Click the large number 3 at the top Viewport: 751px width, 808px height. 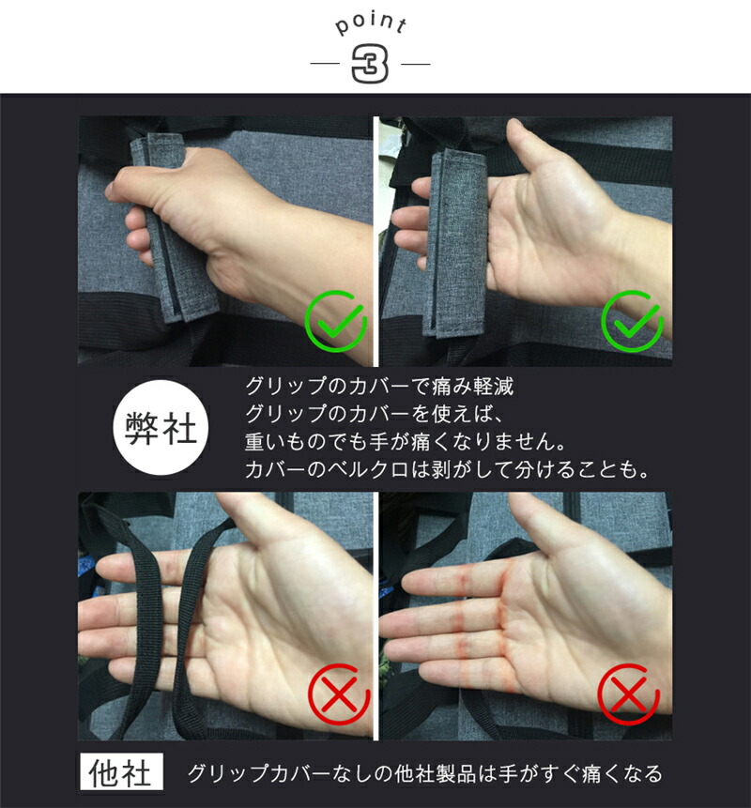pos(370,65)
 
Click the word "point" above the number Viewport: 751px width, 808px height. pos(371,23)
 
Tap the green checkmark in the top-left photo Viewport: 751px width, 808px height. pos(335,322)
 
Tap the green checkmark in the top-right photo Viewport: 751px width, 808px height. pos(632,322)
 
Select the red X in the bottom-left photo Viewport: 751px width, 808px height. pos(339,694)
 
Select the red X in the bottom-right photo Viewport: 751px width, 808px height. pos(628,694)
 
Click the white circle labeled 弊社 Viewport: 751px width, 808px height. pos(161,428)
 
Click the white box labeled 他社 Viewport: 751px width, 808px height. pos(121,771)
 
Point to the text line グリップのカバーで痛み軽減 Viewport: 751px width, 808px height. pos(379,386)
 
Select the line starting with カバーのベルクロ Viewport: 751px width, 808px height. pos(447,469)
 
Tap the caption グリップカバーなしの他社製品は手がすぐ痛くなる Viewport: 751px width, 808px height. pos(424,773)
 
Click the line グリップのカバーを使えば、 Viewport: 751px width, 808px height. pos(375,414)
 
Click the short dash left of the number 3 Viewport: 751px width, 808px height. pos(325,65)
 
